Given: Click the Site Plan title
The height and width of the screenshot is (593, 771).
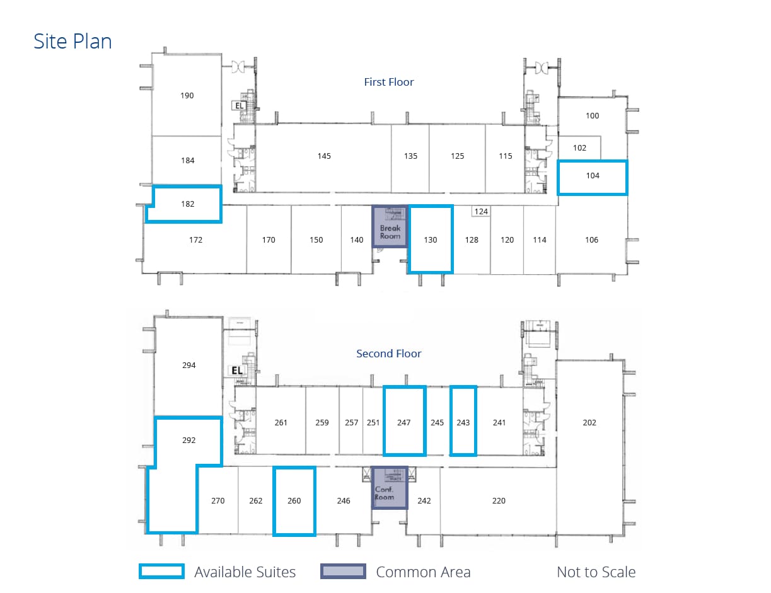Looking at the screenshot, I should click(x=72, y=42).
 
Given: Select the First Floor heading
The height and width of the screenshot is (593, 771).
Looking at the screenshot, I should click(x=389, y=82).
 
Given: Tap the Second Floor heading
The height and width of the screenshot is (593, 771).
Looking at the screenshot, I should click(x=388, y=354).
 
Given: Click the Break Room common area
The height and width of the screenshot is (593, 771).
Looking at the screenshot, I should click(x=390, y=226).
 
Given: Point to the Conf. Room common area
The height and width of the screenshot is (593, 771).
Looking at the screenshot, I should click(x=390, y=488).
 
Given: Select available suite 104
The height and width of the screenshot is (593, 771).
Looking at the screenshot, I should click(x=593, y=176).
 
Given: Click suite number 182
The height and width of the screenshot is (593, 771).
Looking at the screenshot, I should click(x=187, y=204).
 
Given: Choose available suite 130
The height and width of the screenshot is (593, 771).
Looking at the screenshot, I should click(x=431, y=239).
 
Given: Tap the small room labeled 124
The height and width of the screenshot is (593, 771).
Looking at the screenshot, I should click(x=481, y=212).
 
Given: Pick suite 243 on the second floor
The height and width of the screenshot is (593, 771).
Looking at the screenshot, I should click(x=463, y=422).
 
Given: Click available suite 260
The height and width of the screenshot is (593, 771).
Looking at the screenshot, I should click(x=294, y=501).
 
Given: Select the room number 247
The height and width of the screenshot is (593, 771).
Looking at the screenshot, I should click(x=404, y=422).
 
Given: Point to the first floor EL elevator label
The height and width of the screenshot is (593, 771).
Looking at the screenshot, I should click(x=240, y=106).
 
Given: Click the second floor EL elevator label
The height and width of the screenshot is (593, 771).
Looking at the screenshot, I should click(x=237, y=371).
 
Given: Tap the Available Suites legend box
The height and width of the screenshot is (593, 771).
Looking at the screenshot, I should click(x=162, y=572).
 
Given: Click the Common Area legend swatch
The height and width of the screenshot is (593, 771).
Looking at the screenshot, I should click(x=343, y=572).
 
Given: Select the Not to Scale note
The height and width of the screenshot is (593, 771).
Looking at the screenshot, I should click(x=596, y=572).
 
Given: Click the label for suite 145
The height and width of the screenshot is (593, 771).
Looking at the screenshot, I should click(x=324, y=156).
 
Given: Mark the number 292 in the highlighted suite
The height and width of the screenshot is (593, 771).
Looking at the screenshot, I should click(x=188, y=440).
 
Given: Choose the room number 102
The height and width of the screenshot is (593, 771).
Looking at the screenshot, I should click(x=579, y=148).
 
